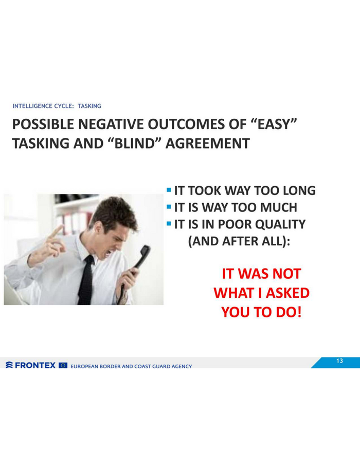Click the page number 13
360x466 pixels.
(x=339, y=361)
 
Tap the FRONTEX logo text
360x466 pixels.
(x=35, y=365)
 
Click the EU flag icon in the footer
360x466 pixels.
(x=63, y=365)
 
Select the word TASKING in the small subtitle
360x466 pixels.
(x=89, y=106)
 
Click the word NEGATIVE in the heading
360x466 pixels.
(x=111, y=124)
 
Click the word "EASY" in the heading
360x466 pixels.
(x=274, y=124)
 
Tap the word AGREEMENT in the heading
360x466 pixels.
(x=207, y=144)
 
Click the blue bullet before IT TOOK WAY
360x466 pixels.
(x=169, y=189)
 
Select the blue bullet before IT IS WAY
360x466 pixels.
(x=169, y=206)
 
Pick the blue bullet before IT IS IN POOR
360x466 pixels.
(x=169, y=223)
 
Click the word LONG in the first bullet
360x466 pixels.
(x=299, y=190)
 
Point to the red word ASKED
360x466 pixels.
(x=287, y=293)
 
